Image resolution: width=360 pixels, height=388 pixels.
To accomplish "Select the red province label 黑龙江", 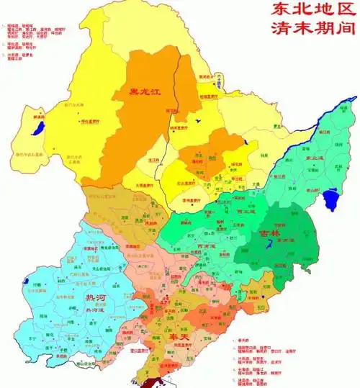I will (144, 91).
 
